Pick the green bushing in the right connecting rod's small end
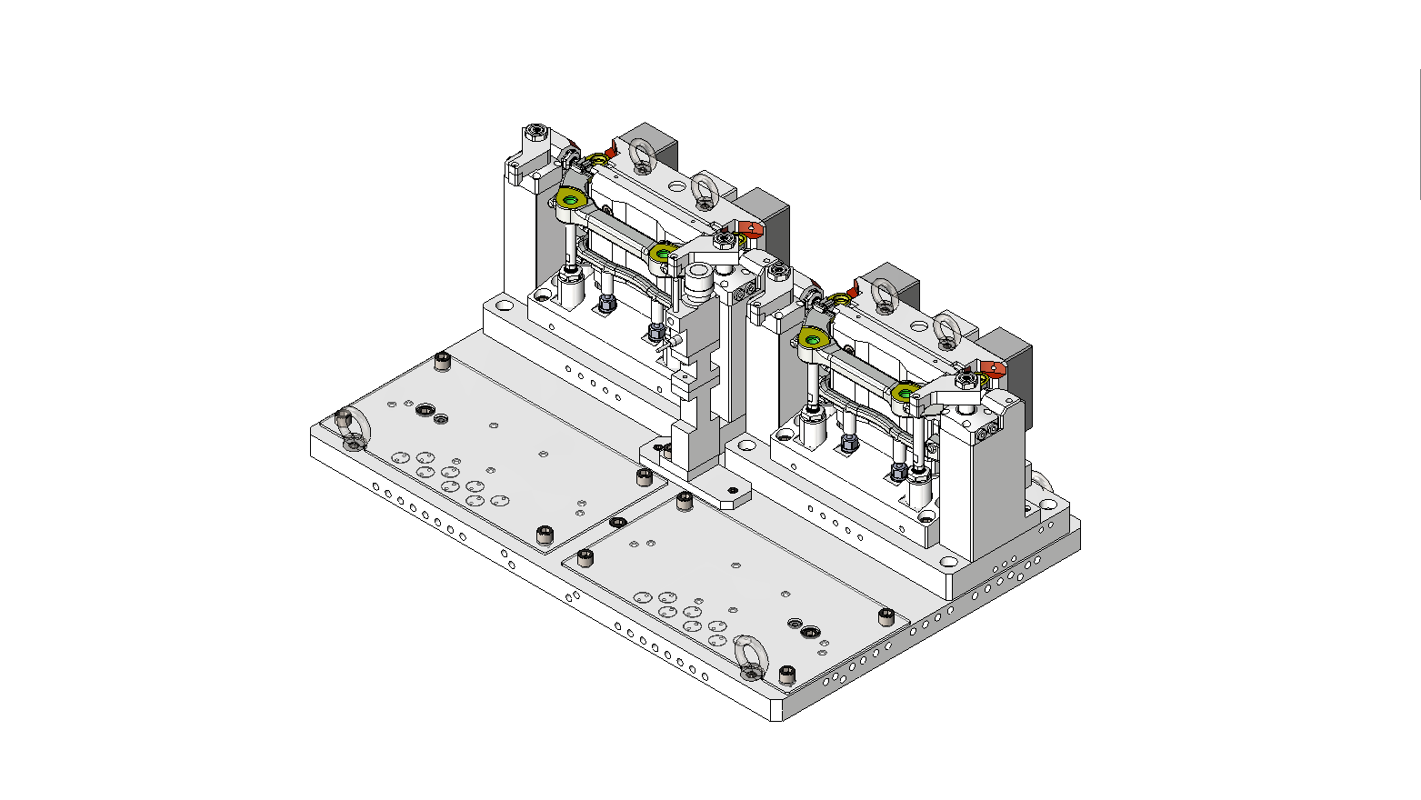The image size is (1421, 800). point(905,392)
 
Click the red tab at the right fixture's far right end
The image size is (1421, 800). point(994,369)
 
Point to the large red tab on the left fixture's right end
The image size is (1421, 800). point(751,229)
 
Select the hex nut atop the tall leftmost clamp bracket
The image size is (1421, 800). point(536,133)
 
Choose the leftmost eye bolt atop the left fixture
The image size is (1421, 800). point(641,155)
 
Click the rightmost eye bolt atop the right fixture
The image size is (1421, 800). point(946,330)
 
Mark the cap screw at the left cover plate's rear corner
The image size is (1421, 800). point(443,362)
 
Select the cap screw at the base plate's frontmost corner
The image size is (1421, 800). point(787,675)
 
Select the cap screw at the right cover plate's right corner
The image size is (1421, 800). point(886,617)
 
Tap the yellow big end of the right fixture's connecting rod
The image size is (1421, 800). point(815,341)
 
